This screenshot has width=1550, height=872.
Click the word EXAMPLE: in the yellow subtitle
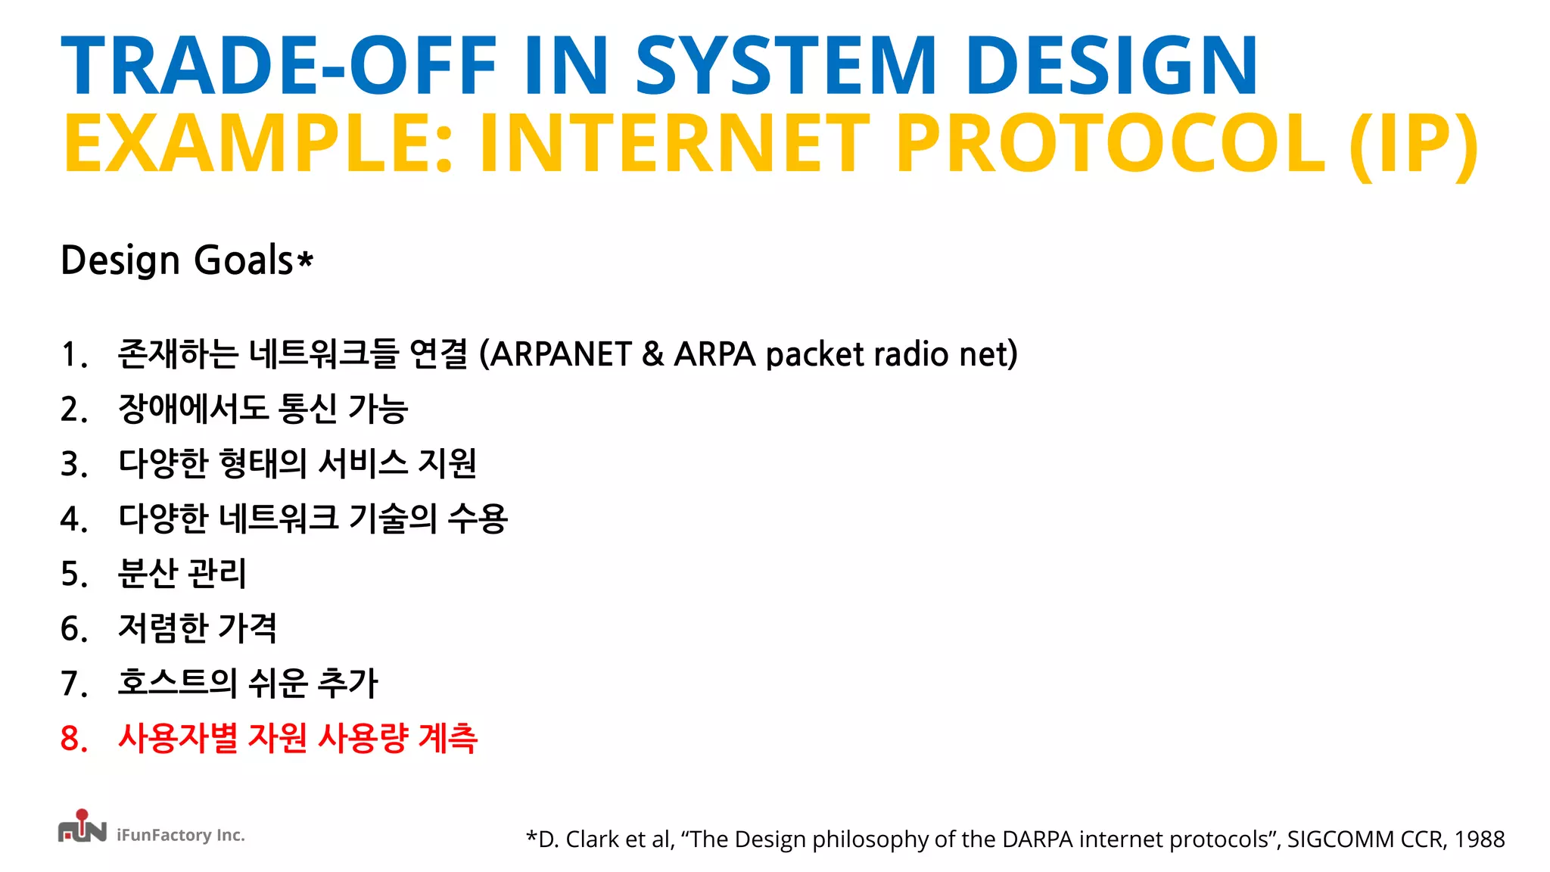click(258, 144)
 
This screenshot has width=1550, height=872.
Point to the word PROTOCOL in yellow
click(1110, 144)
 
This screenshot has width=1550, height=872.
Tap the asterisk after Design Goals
click(305, 261)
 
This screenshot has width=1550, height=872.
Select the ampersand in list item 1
click(652, 354)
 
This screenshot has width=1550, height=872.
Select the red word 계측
click(447, 739)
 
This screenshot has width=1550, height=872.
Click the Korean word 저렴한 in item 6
click(163, 628)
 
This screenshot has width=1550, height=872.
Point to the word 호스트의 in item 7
click(177, 683)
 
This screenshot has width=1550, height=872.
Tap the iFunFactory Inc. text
click(181, 835)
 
